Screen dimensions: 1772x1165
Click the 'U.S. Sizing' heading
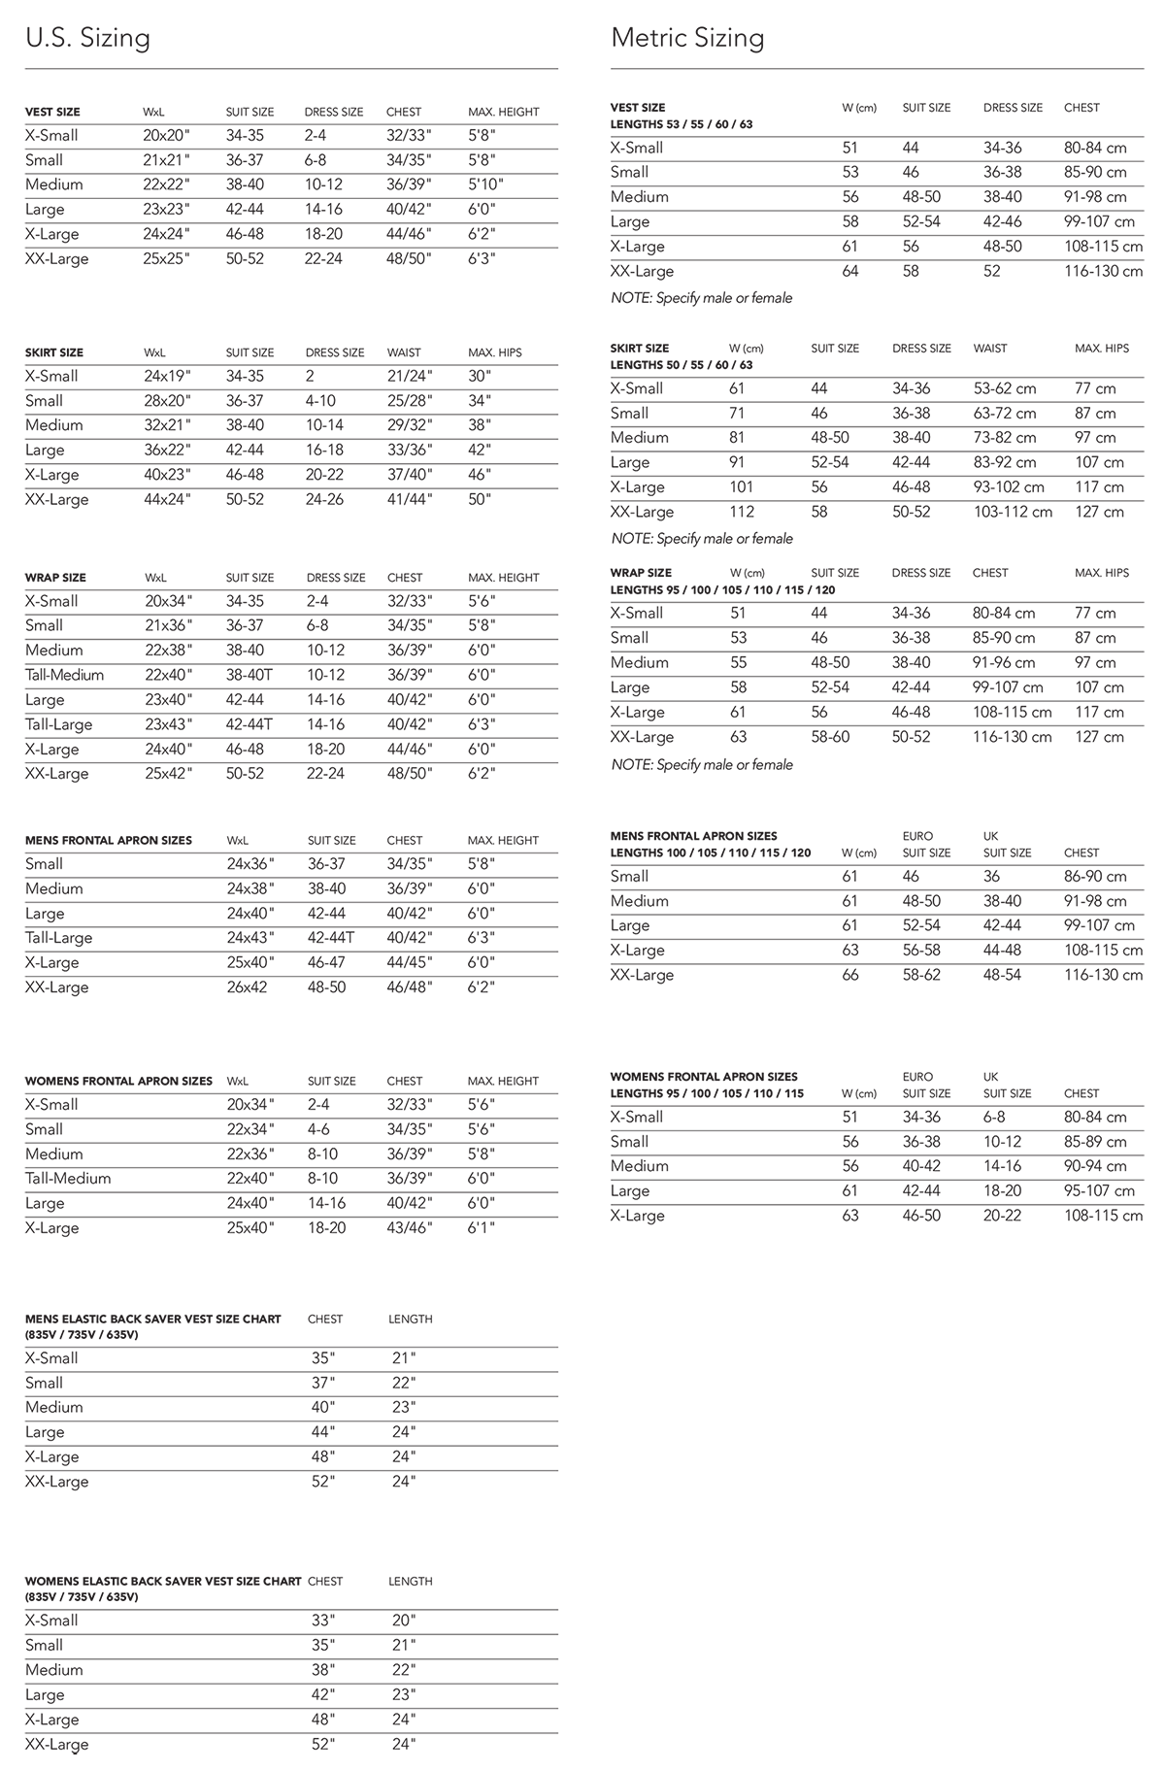tap(87, 39)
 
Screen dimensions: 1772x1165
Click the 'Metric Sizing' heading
tap(687, 39)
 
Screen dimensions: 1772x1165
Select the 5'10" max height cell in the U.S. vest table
tap(486, 184)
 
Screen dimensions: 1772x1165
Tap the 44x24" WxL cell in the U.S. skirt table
tap(167, 499)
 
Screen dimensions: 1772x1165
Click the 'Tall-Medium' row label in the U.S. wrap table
tap(64, 675)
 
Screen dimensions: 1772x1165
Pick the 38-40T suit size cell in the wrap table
tap(249, 675)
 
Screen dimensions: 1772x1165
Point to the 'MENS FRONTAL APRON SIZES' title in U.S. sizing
tap(109, 840)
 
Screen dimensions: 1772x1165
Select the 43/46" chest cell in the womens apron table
tap(409, 1227)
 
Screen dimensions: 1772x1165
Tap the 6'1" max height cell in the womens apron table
tap(482, 1227)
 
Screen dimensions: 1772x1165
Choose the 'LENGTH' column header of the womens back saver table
tap(410, 1581)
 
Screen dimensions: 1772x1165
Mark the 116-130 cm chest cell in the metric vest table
tap(1103, 271)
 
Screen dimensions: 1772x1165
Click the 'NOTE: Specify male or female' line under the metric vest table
tap(701, 298)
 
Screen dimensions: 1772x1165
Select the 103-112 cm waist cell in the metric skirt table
tap(1013, 512)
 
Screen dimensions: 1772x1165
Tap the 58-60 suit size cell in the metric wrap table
tap(830, 737)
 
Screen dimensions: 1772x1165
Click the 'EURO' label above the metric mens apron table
tap(917, 836)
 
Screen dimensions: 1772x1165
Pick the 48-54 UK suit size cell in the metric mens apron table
tap(1002, 975)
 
